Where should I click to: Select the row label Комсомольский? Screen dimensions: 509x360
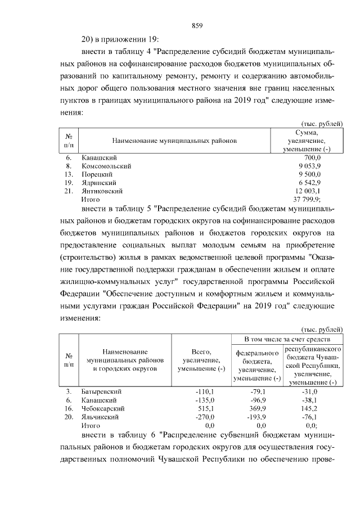tap(106, 166)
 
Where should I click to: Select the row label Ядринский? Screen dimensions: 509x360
tap(99, 183)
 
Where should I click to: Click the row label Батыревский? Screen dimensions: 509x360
tap(102, 391)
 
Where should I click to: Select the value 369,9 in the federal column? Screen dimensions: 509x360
tap(259, 408)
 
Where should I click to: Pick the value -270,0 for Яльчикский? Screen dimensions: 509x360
tap(205, 417)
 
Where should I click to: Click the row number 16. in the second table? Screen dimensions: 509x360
tap(69, 408)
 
